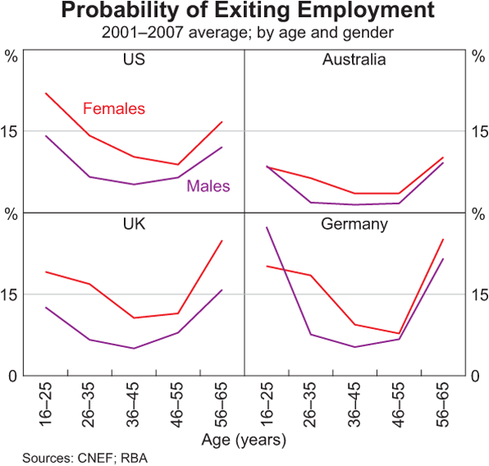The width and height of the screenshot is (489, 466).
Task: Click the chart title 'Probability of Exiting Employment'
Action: [x=244, y=13]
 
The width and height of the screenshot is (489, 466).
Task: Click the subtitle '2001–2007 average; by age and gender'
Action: [x=244, y=34]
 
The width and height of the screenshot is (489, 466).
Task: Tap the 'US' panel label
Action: [x=134, y=59]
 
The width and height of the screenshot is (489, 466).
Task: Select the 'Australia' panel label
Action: [x=354, y=59]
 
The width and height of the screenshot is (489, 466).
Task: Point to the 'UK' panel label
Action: [x=134, y=223]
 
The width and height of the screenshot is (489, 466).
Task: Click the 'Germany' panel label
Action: [x=354, y=223]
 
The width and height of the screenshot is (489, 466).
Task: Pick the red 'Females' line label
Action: [x=114, y=108]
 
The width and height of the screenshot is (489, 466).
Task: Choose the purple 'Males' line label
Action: [x=209, y=186]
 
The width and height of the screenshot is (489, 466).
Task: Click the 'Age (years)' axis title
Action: [x=244, y=441]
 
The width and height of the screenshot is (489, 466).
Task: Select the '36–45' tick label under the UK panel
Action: [x=134, y=404]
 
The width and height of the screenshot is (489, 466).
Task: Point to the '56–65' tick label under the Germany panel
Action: [x=443, y=404]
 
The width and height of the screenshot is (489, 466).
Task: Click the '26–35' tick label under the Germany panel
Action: [x=310, y=404]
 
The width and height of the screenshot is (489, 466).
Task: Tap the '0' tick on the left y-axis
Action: [x=13, y=376]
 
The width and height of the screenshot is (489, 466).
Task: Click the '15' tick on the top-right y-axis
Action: [x=478, y=131]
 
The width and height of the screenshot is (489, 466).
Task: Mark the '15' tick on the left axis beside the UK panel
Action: [x=13, y=294]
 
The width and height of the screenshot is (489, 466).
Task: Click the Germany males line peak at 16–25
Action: [x=267, y=227]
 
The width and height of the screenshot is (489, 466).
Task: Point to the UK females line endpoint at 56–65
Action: [x=222, y=241]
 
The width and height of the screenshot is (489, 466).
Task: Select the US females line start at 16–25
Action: [x=46, y=94]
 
